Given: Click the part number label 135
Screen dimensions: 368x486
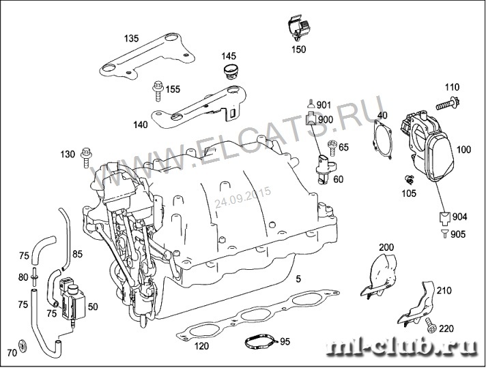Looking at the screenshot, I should pos(130,38).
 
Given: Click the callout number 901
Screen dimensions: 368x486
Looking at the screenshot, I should pos(324,104).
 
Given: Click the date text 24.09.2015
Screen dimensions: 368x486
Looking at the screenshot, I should pos(242,198).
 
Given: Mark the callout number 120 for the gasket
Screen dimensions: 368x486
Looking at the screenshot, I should pos(201,346).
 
